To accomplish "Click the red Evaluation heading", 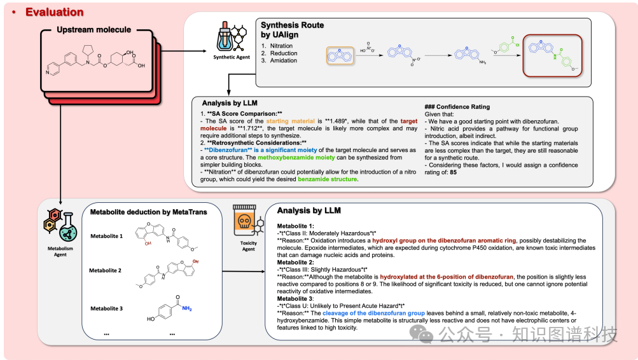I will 54,12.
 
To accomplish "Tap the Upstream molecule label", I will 94,30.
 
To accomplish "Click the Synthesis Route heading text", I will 292,25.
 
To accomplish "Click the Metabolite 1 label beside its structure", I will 106,236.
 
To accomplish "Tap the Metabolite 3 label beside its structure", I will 106,308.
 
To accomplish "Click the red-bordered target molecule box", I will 551,55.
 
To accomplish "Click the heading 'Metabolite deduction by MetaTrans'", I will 148,212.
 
